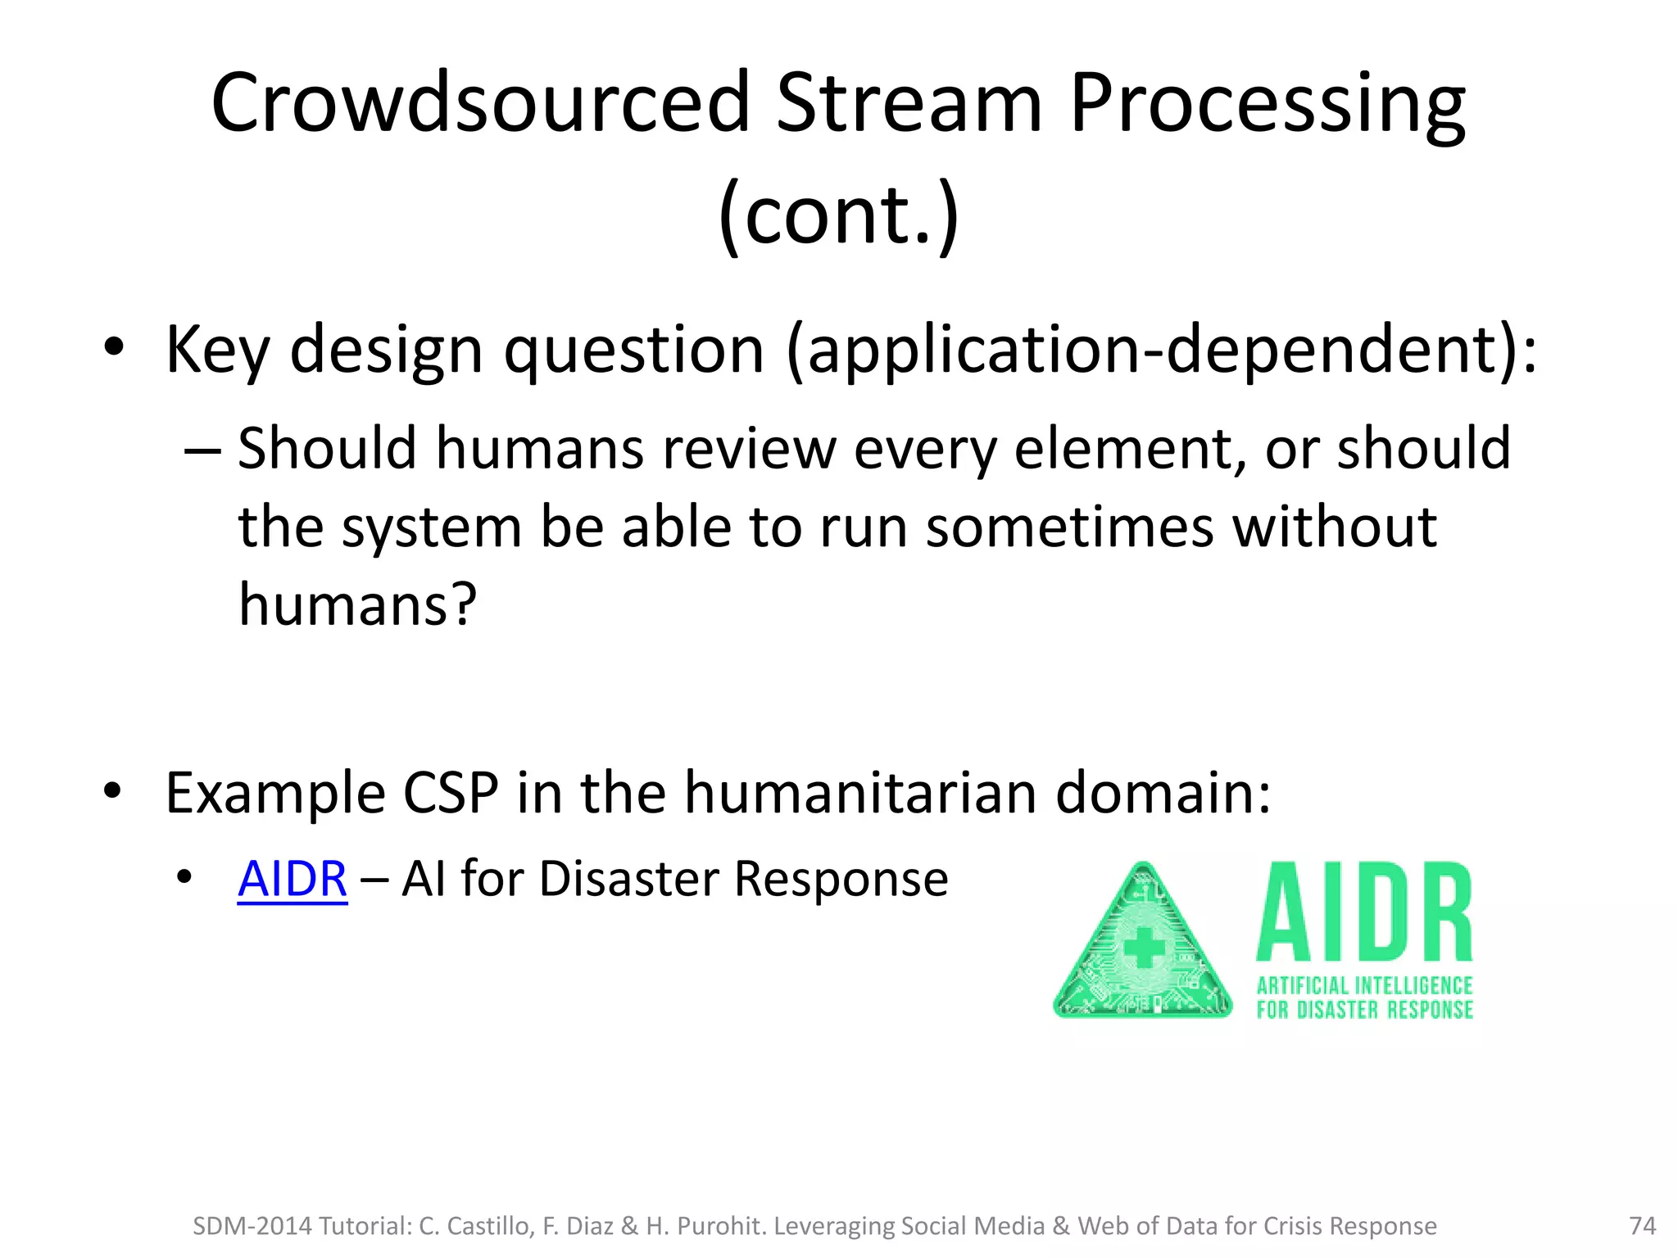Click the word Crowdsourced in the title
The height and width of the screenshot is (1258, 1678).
point(480,103)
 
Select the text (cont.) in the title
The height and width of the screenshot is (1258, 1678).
point(838,215)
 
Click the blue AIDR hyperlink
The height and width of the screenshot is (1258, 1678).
point(293,880)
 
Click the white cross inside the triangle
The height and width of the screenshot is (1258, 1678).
point(1144,949)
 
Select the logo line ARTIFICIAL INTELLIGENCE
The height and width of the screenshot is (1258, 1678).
point(1364,985)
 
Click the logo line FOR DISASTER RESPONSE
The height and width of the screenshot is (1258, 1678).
point(1364,1010)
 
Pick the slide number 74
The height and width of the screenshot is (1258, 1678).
point(1643,1226)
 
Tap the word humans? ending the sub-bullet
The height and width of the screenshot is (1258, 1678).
point(357,604)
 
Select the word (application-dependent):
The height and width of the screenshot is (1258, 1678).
point(1161,351)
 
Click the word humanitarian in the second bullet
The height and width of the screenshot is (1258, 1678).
point(859,793)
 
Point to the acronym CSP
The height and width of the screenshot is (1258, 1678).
point(451,793)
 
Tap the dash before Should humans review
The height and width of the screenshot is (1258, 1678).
point(202,450)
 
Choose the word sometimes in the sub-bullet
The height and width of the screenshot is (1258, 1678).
point(1069,527)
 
